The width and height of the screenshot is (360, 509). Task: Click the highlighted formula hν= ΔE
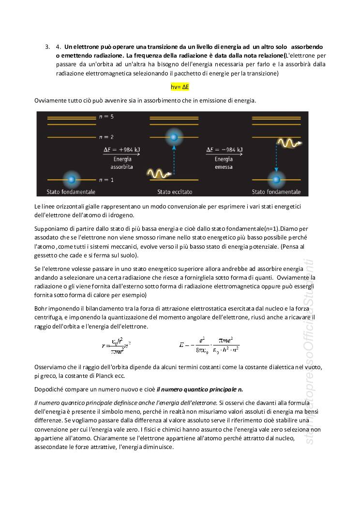click(180, 87)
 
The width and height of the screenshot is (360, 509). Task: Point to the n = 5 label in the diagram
click(106, 117)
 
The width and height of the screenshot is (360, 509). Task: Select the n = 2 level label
click(106, 137)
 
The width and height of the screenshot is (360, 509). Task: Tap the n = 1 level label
click(106, 180)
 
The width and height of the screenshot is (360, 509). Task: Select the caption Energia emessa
click(224, 163)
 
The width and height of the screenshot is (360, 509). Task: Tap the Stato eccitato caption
click(173, 192)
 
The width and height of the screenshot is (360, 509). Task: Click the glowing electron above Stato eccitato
click(174, 137)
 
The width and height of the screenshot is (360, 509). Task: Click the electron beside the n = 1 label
click(71, 180)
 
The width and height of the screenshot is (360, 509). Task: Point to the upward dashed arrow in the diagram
click(174, 160)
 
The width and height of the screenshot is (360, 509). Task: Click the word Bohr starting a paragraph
click(41, 308)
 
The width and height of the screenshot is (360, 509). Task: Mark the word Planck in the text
click(111, 376)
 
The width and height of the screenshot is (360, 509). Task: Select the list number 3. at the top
click(47, 47)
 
